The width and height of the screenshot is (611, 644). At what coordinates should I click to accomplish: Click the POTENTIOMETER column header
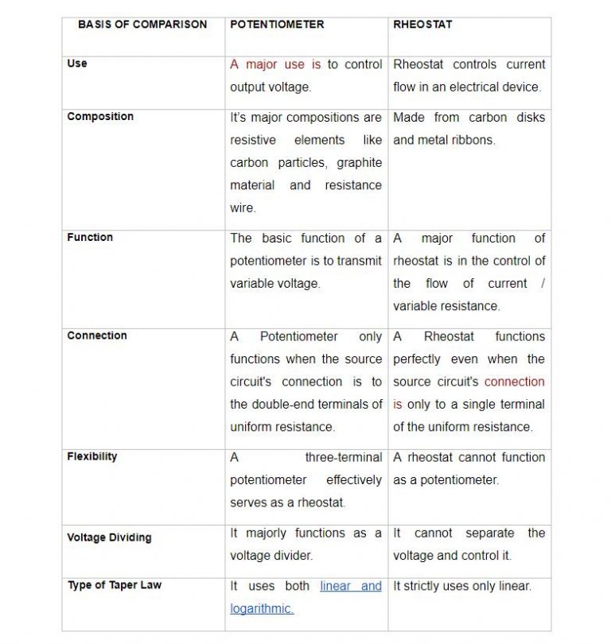pos(277,25)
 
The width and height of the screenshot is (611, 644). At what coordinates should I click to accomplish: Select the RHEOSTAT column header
pos(422,25)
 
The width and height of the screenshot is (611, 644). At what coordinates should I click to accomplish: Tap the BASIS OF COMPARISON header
pos(142,25)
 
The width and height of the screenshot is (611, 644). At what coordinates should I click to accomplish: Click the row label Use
pos(77,64)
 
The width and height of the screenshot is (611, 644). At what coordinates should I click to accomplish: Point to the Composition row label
pos(100,117)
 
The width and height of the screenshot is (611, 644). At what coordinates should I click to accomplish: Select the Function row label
pos(90,238)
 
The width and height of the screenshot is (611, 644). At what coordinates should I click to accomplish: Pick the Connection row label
pos(97,336)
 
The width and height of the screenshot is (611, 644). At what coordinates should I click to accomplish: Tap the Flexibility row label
pos(92,457)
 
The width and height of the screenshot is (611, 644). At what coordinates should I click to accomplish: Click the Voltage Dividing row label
pos(109,537)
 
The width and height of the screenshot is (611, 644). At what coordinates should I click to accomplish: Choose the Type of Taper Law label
pos(115,586)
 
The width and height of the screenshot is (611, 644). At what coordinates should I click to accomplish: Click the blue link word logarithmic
pos(262,609)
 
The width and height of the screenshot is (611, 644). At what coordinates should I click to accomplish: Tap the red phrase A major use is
pos(275,64)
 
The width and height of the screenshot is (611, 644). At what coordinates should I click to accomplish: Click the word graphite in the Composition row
pos(360,163)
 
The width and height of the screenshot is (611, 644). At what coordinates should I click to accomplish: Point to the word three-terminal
pos(343,457)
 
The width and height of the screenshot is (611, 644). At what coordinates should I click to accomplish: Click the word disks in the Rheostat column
pos(529,118)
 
